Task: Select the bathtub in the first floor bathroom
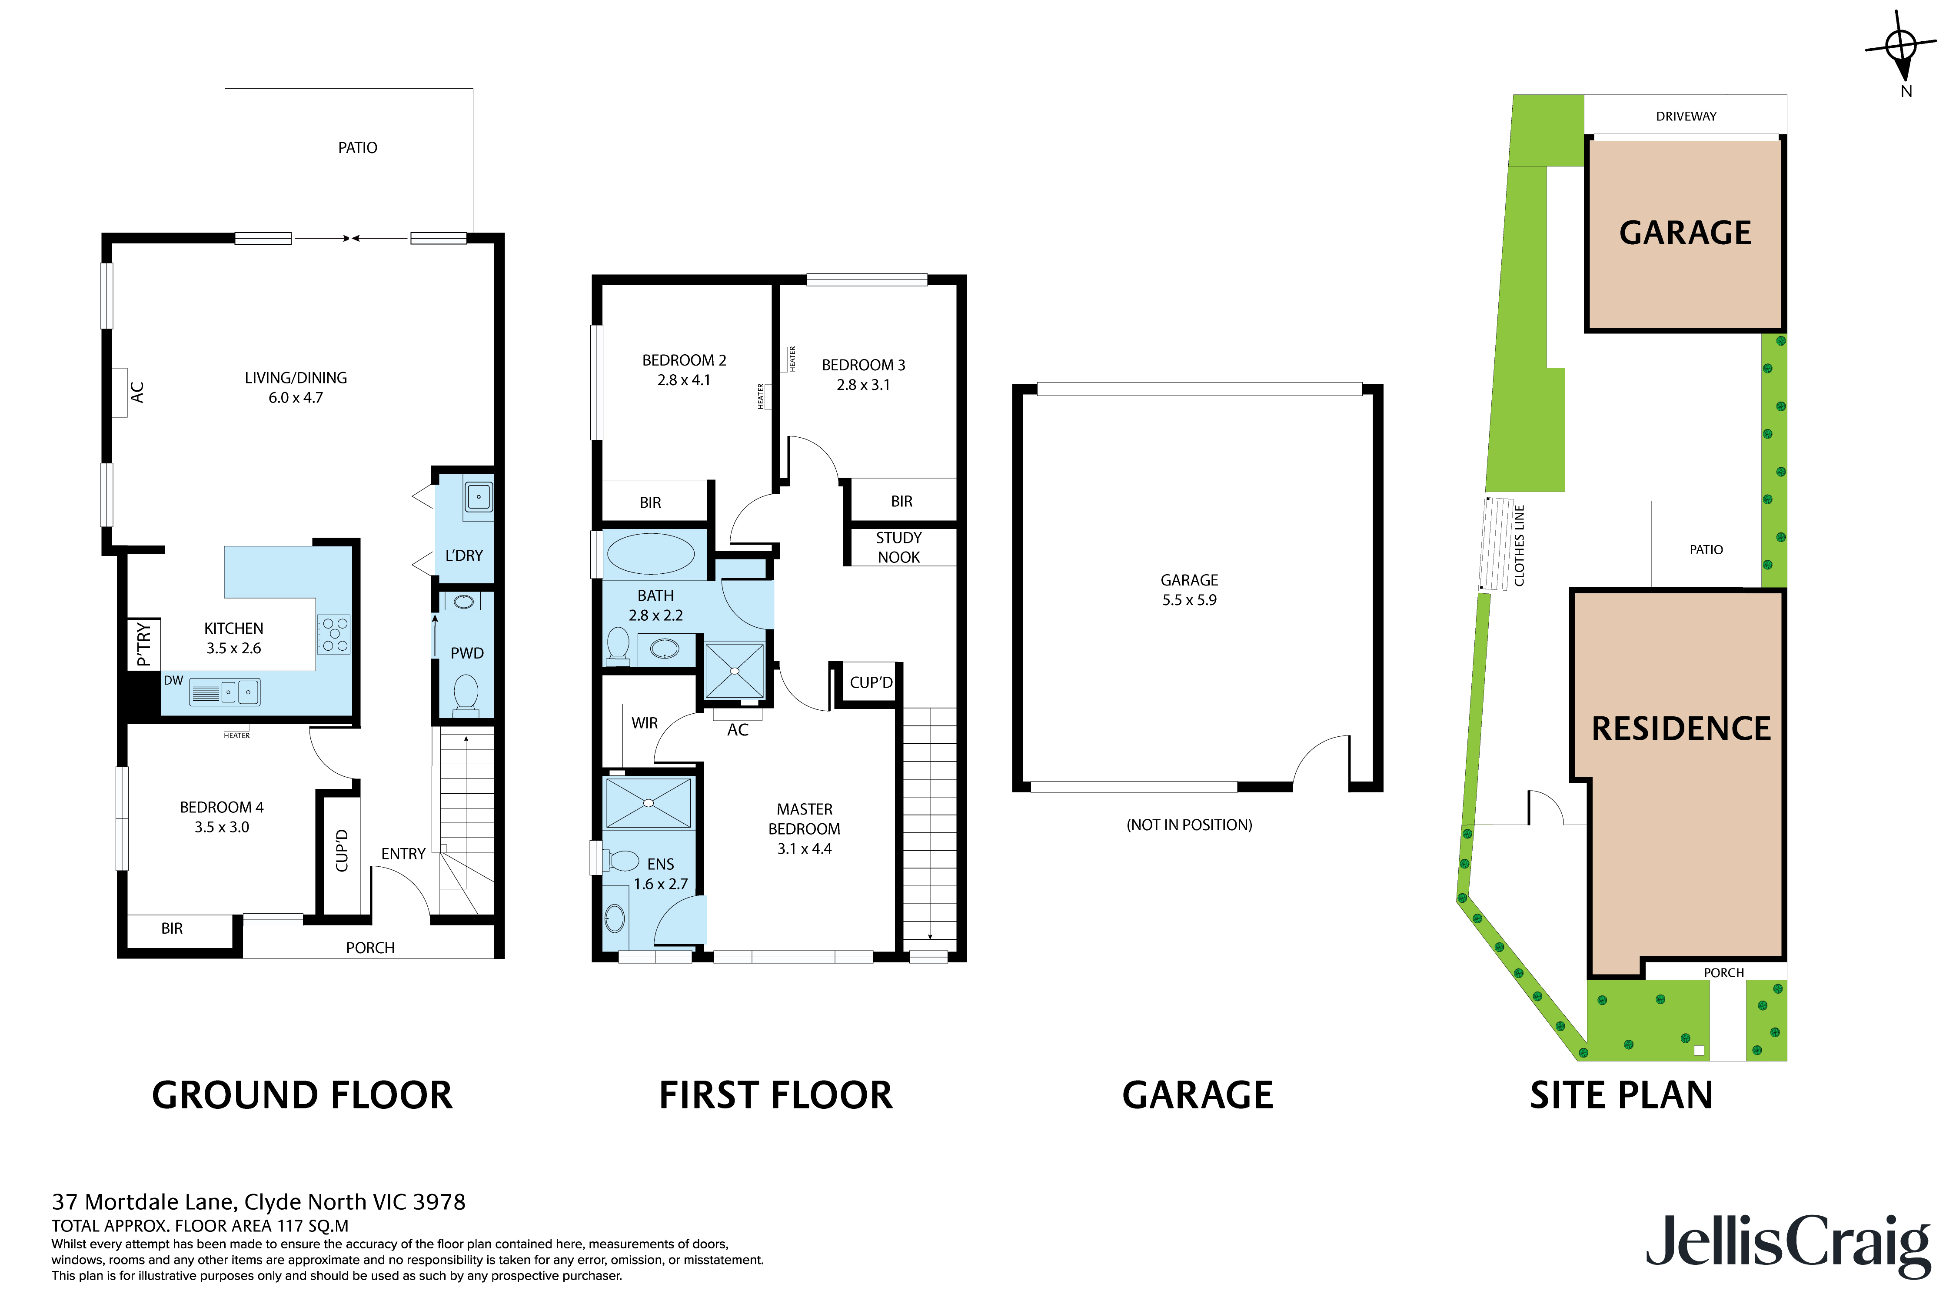point(650,555)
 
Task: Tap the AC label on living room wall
point(137,393)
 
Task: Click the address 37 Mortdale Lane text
point(258,1202)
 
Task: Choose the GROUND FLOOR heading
point(302,1095)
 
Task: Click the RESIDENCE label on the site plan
point(1681,729)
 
